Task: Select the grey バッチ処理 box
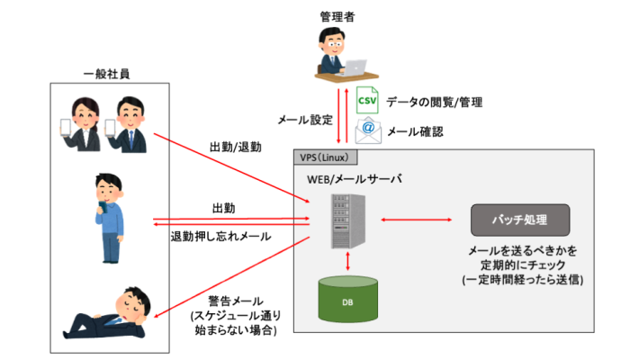coord(519,220)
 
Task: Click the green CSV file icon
coord(366,101)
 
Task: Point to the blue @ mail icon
coord(366,131)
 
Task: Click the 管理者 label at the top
coord(335,15)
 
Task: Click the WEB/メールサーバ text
coord(354,179)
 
